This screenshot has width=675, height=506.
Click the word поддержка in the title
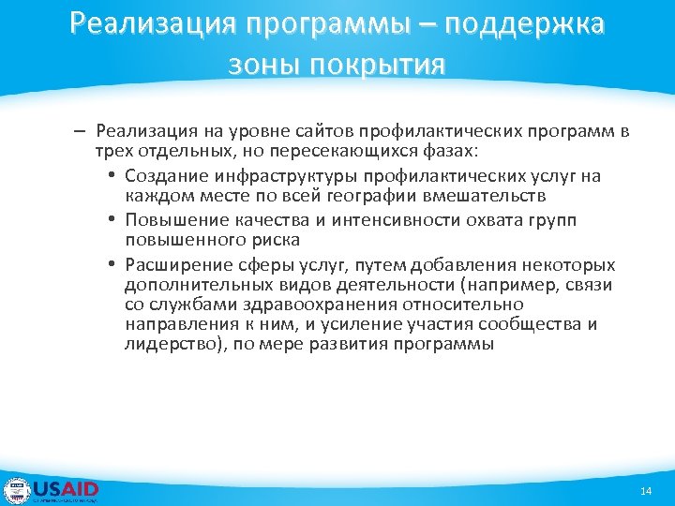coord(524,24)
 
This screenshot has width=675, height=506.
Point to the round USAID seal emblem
coord(17,490)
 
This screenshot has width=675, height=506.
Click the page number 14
coord(645,492)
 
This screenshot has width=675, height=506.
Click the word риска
coord(273,241)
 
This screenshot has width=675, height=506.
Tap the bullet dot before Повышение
coord(111,219)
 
